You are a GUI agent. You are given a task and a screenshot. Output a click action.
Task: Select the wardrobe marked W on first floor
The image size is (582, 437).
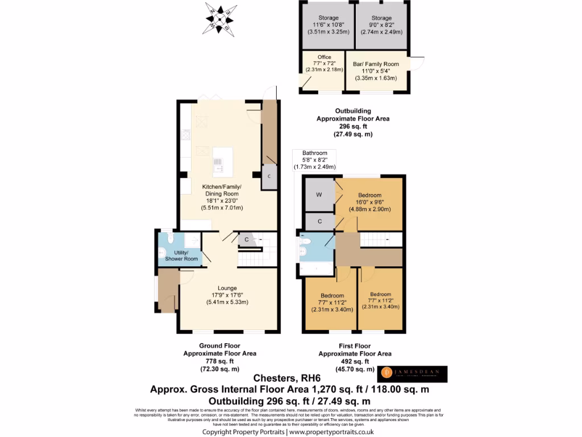coord(319,195)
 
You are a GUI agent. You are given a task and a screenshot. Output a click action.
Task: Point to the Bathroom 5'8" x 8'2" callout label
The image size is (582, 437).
coord(314,160)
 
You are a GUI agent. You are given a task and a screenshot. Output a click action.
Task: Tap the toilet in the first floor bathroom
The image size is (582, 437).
coord(303,249)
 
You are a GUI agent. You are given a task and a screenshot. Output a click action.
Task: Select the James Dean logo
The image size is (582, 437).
coord(413,374)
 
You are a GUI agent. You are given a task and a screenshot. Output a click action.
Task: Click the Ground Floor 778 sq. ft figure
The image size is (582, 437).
coord(219,361)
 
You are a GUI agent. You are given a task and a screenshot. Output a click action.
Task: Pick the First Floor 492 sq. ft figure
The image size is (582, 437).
coord(355,361)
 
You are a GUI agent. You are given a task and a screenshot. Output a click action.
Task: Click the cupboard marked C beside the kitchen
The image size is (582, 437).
coord(269,176)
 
